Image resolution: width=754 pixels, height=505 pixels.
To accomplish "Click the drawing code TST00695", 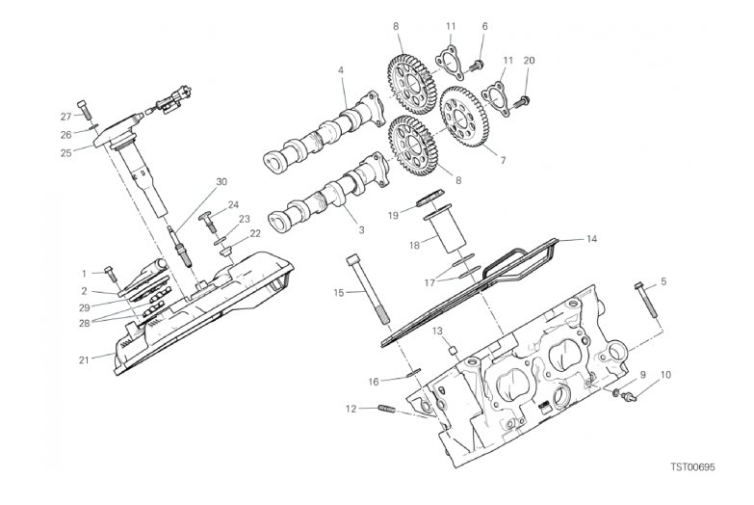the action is click(x=693, y=467).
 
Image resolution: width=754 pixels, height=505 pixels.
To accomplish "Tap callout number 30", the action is click(x=221, y=182).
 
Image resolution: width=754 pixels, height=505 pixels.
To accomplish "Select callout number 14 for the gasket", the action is click(x=591, y=239).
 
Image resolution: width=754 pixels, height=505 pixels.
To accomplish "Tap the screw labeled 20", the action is click(x=521, y=102).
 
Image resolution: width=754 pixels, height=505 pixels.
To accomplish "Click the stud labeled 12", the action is click(x=386, y=410).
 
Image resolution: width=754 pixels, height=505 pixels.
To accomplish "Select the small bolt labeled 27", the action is click(x=84, y=109).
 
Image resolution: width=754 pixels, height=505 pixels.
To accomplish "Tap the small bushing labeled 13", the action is click(x=453, y=350).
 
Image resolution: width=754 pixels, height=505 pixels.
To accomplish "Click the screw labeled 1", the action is click(x=110, y=275).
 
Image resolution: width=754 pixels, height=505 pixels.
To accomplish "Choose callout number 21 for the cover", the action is click(x=84, y=359).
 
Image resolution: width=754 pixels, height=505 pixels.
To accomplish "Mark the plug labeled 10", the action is click(x=629, y=396).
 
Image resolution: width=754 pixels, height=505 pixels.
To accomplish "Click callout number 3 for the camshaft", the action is click(x=362, y=230).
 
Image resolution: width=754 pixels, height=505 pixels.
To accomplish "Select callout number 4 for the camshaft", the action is click(x=341, y=70).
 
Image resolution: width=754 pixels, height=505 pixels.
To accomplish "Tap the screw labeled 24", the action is click(x=208, y=222).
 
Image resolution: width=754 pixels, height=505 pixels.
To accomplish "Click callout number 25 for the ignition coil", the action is click(x=66, y=153).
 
